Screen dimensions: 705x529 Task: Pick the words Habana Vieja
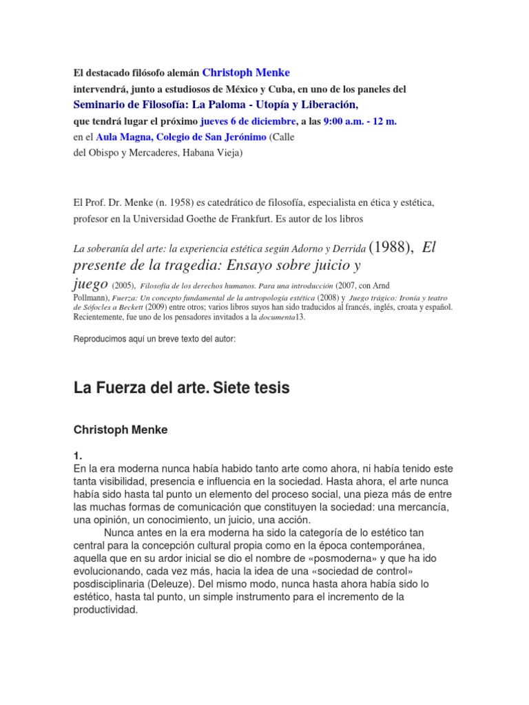210,153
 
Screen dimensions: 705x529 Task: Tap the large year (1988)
391,249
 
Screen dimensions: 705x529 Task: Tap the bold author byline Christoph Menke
120,430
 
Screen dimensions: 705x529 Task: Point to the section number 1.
78,456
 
